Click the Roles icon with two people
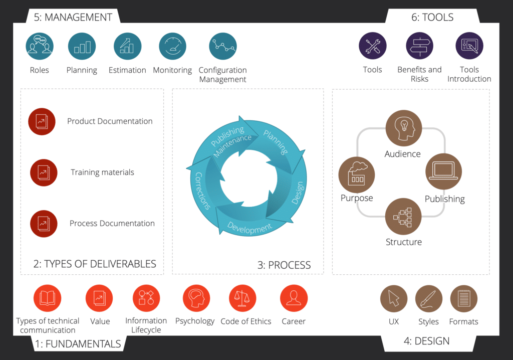39,47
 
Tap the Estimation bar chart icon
127,47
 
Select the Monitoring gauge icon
172,47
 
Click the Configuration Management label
222,75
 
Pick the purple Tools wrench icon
372,46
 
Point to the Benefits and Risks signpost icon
419,46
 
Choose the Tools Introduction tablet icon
469,46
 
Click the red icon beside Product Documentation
42,121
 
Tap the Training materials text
102,172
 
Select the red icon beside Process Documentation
42,223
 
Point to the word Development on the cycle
249,228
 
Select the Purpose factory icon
357,172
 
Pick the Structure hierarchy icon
403,216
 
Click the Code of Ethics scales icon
242,298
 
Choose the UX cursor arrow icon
394,299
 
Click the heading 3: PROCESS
284,265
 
